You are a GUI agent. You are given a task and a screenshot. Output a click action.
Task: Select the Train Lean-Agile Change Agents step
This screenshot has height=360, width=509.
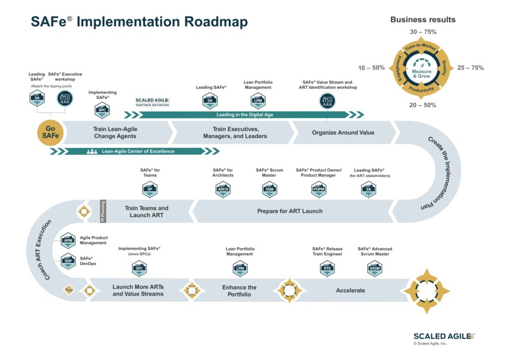115,132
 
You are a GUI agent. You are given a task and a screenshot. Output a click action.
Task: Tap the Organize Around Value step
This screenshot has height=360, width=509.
343,132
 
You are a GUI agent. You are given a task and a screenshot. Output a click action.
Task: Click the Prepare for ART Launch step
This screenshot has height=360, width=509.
290,211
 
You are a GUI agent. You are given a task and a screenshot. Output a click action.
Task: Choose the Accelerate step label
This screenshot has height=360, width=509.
351,290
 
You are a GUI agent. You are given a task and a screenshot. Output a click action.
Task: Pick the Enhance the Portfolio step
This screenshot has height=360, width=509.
239,291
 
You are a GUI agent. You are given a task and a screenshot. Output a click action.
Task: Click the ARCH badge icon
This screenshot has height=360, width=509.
223,190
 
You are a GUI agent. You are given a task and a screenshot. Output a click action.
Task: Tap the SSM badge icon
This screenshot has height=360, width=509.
270,190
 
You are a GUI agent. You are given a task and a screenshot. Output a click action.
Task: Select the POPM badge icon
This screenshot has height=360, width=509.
319,190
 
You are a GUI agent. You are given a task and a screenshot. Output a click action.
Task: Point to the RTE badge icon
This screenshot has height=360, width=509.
327,269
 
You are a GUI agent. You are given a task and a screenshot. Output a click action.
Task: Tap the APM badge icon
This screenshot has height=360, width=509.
68,241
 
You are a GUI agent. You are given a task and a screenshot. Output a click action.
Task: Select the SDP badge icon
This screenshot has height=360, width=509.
68,261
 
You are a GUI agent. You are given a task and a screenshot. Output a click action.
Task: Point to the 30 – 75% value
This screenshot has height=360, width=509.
423,32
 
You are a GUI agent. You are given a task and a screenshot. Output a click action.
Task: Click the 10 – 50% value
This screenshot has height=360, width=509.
371,68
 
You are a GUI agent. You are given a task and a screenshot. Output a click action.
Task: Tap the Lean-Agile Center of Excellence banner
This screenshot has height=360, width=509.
137,151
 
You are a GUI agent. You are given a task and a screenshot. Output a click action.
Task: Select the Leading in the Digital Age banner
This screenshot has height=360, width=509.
244,115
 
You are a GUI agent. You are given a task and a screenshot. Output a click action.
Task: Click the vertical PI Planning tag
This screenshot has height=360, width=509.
102,211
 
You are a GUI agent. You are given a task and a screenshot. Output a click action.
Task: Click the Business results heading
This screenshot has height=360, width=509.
423,20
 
